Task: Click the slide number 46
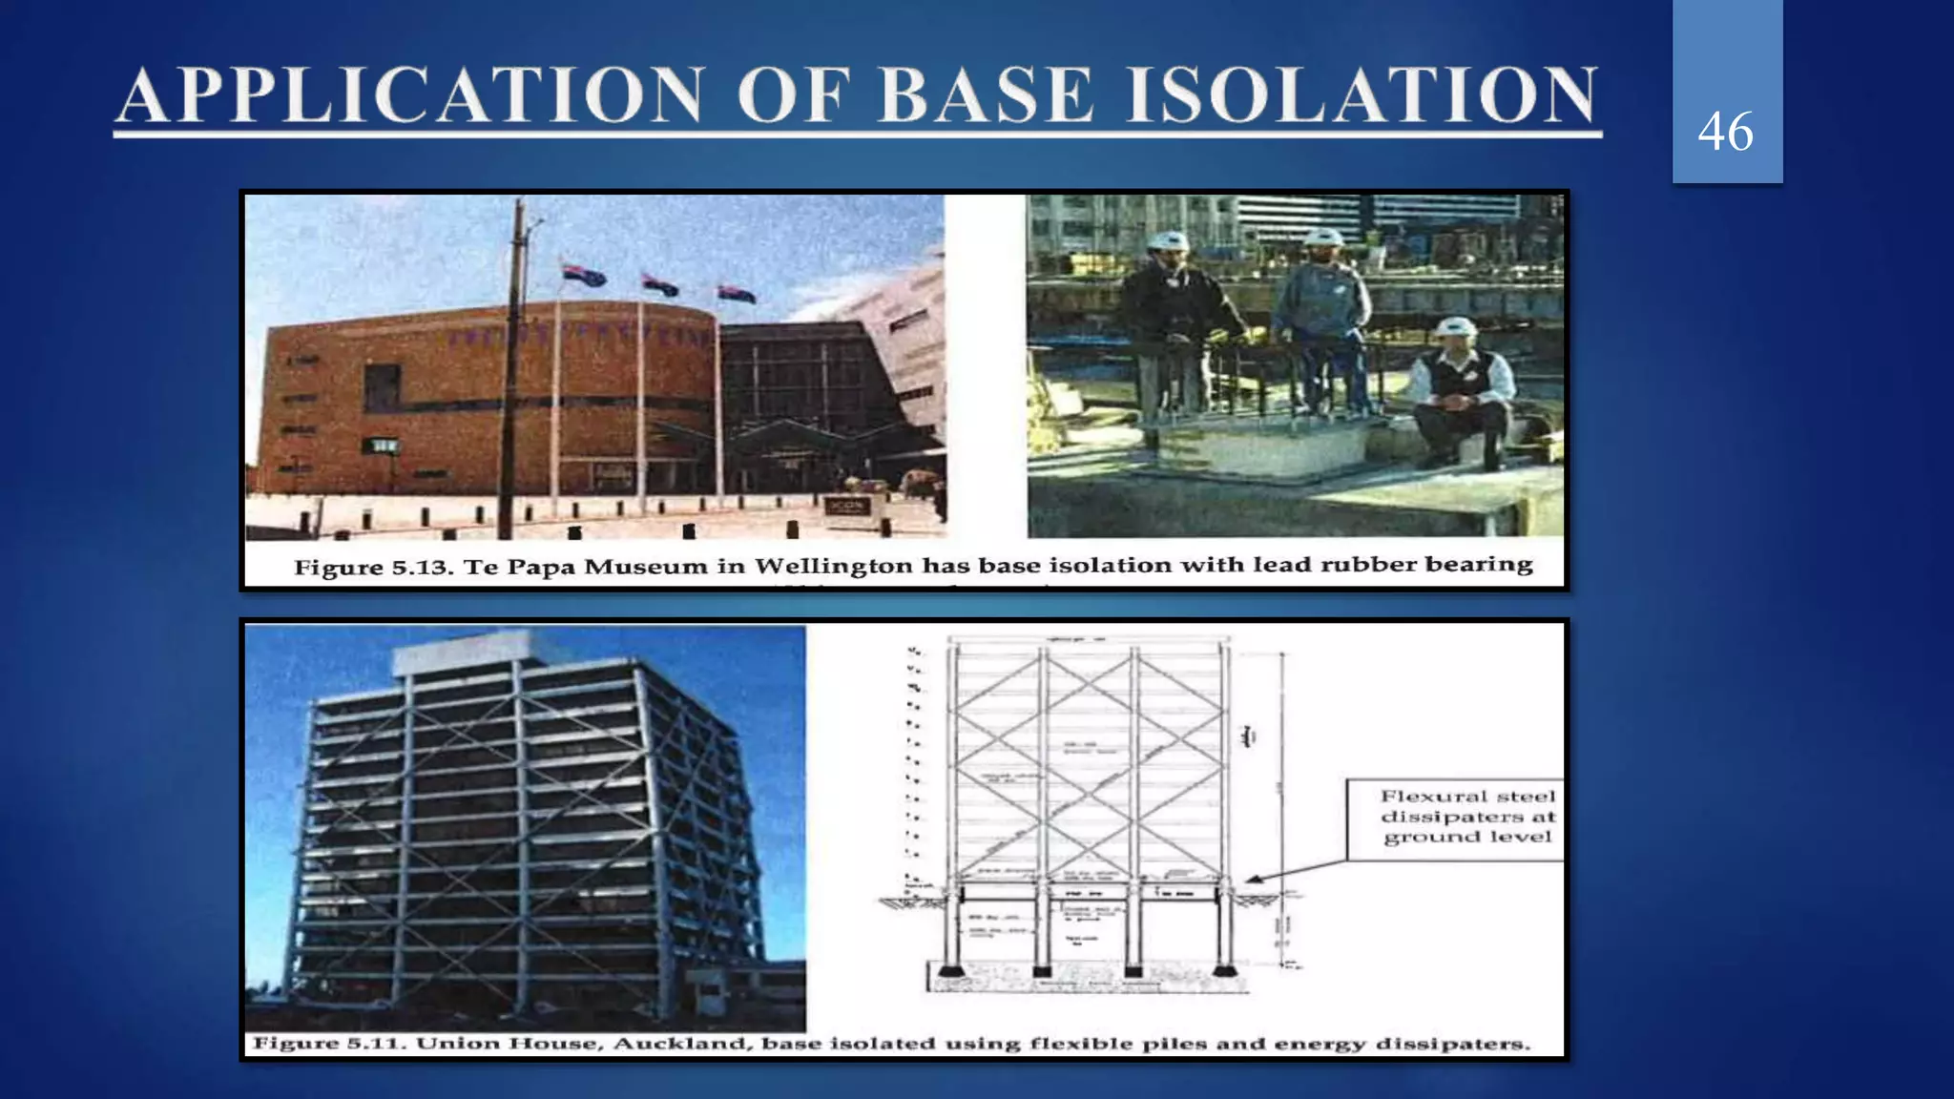1725,132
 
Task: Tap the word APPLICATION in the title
410,95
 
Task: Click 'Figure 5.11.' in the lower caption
329,1044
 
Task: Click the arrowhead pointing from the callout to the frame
1252,880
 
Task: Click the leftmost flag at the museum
583,275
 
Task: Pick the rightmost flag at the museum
736,293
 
